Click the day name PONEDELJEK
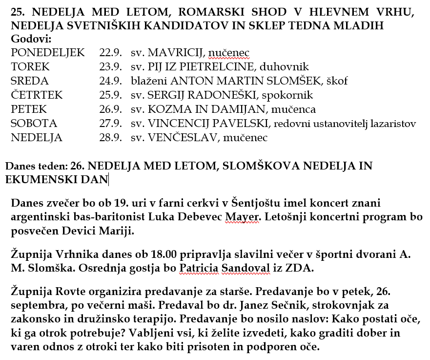tap(47, 52)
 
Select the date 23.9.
tap(110, 66)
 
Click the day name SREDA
tap(30, 81)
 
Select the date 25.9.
tap(110, 95)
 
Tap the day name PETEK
tap(29, 109)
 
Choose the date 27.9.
tap(110, 124)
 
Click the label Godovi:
tap(31, 39)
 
